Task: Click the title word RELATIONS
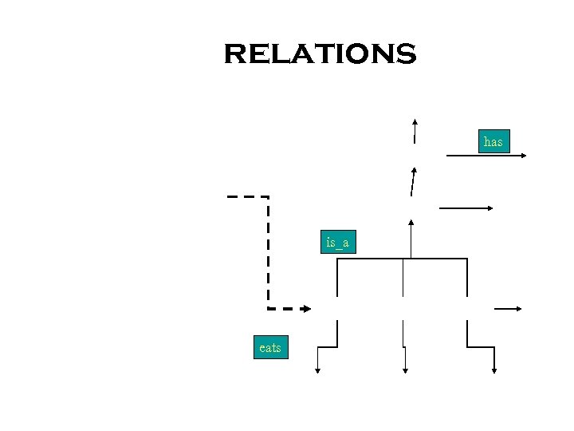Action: [x=320, y=54]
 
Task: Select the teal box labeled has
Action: [x=493, y=142]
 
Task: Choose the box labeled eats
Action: [x=270, y=348]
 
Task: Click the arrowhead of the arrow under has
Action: [x=523, y=156]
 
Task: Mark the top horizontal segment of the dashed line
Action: [x=247, y=196]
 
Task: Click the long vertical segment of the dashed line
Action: [x=269, y=251]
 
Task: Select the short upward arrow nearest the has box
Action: [x=415, y=132]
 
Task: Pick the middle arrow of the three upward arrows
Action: [x=412, y=182]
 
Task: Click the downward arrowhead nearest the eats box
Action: [x=318, y=369]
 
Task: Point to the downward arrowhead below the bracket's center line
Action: [x=406, y=369]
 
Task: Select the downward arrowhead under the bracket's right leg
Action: [x=494, y=369]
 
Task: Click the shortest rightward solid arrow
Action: [x=508, y=309]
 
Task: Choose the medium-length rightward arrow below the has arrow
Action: [x=466, y=208]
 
